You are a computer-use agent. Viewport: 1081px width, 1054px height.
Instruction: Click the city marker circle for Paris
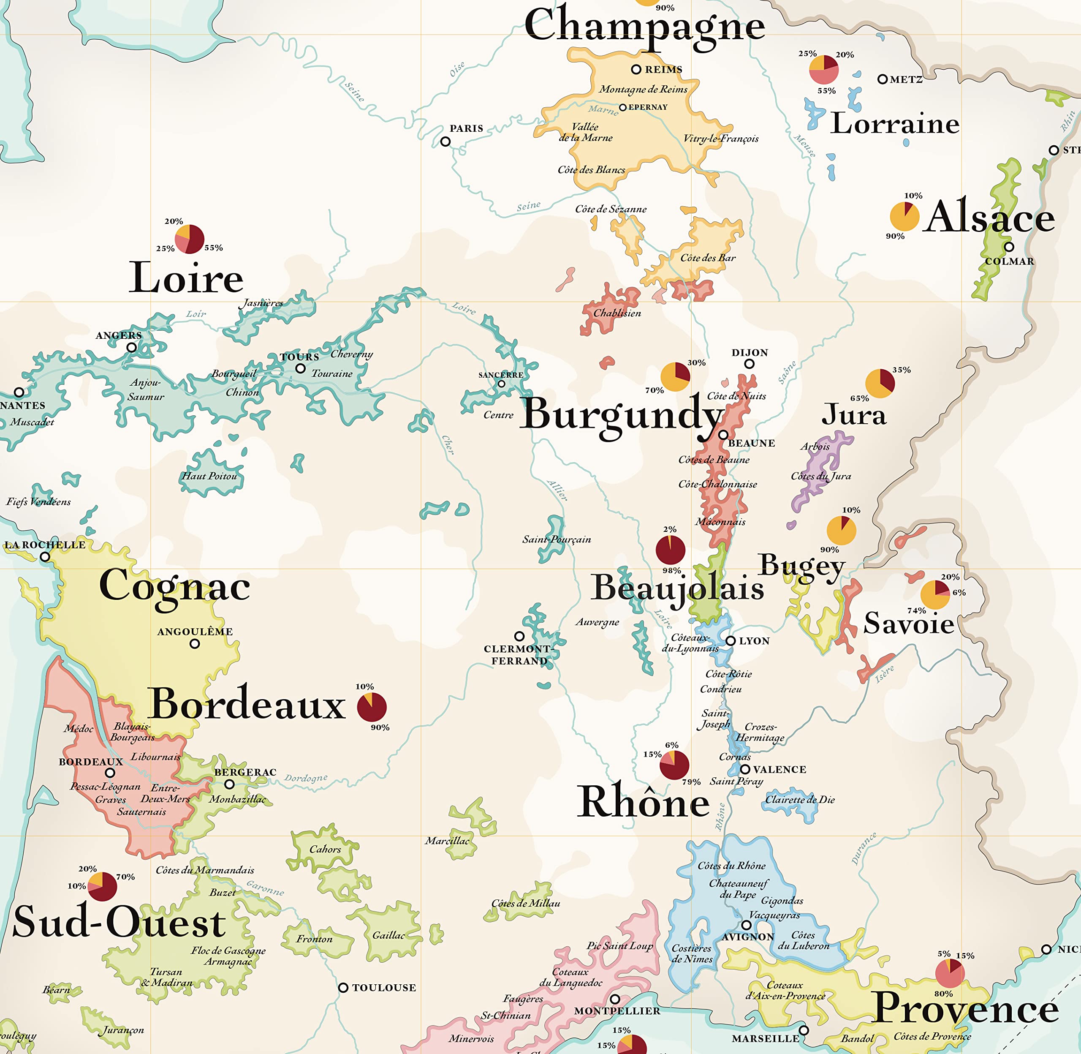tap(445, 142)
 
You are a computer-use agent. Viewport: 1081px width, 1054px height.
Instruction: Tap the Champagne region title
tap(644, 25)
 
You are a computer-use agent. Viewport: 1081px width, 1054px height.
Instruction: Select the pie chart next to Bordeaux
tap(372, 707)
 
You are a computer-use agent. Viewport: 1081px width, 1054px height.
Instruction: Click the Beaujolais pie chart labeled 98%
tap(671, 550)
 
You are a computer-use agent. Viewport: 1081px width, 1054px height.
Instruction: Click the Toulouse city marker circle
tap(343, 988)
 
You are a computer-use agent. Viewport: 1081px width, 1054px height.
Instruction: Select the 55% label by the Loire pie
tap(214, 248)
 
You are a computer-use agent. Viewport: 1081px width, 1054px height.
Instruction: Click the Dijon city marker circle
tap(749, 364)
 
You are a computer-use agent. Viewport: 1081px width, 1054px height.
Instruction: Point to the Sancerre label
tap(501, 375)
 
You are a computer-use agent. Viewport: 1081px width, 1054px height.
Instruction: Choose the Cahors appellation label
tap(325, 849)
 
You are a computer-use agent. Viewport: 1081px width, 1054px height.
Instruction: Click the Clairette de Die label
tap(799, 799)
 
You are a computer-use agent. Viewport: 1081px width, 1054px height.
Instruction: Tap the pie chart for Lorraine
tap(824, 70)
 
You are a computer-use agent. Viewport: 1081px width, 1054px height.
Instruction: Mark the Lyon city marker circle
tap(730, 640)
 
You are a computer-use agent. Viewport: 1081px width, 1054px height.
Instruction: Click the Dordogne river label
tap(306, 778)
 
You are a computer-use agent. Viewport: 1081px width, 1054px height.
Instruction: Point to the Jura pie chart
tap(880, 384)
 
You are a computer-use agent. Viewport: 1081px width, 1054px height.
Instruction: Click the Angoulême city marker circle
tap(195, 644)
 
